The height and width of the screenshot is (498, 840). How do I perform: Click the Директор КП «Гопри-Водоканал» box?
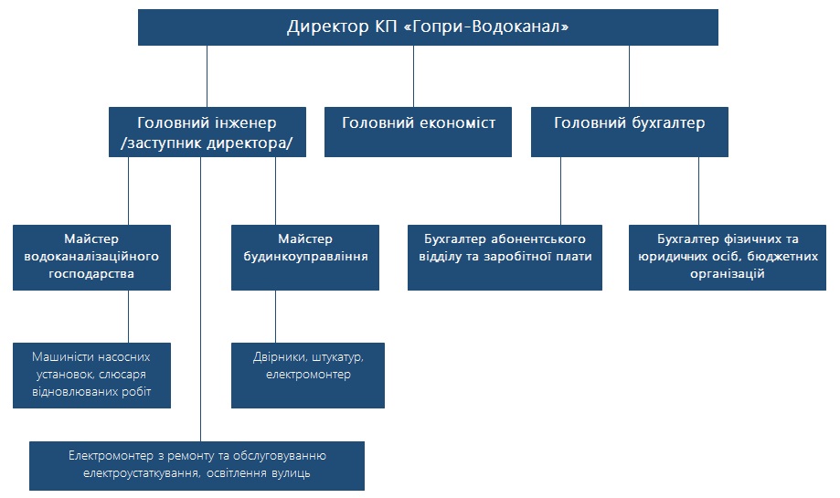[428, 26]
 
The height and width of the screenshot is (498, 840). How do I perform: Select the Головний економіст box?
[418, 132]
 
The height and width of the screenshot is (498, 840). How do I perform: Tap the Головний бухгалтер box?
[630, 132]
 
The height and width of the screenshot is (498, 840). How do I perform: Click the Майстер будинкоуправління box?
[305, 258]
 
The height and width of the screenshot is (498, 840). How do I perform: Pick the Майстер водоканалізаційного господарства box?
[91, 258]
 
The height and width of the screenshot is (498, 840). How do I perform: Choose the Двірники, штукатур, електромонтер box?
[308, 376]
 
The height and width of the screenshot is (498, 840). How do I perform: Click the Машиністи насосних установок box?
[91, 376]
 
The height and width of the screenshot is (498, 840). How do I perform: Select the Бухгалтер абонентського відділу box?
[505, 258]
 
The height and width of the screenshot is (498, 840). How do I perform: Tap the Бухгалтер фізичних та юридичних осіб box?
[728, 258]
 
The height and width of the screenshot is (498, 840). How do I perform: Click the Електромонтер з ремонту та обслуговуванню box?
[197, 466]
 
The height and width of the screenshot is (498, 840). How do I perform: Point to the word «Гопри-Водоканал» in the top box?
[485, 26]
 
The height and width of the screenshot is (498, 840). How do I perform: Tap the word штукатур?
[337, 357]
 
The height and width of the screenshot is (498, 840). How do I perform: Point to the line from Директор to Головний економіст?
[413, 76]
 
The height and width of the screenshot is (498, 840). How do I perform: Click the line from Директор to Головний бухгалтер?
[629, 76]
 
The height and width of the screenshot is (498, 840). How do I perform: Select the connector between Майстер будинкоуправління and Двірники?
[276, 316]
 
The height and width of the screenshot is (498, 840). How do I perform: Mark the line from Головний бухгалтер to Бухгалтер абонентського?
[561, 191]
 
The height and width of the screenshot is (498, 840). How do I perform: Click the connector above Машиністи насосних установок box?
[129, 316]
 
